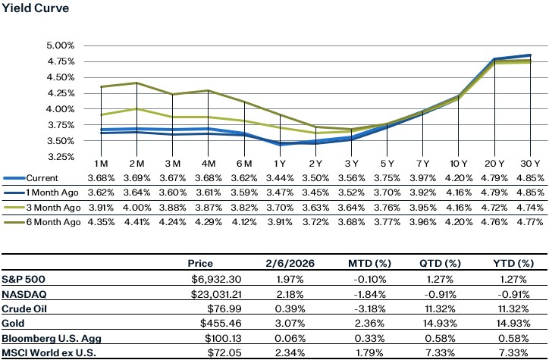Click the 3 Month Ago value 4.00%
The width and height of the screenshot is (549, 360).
[136, 207]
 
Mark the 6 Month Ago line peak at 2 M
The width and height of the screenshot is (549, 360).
[136, 83]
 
